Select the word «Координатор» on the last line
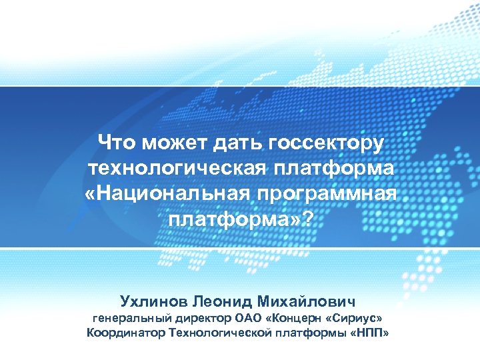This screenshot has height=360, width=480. point(123,332)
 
